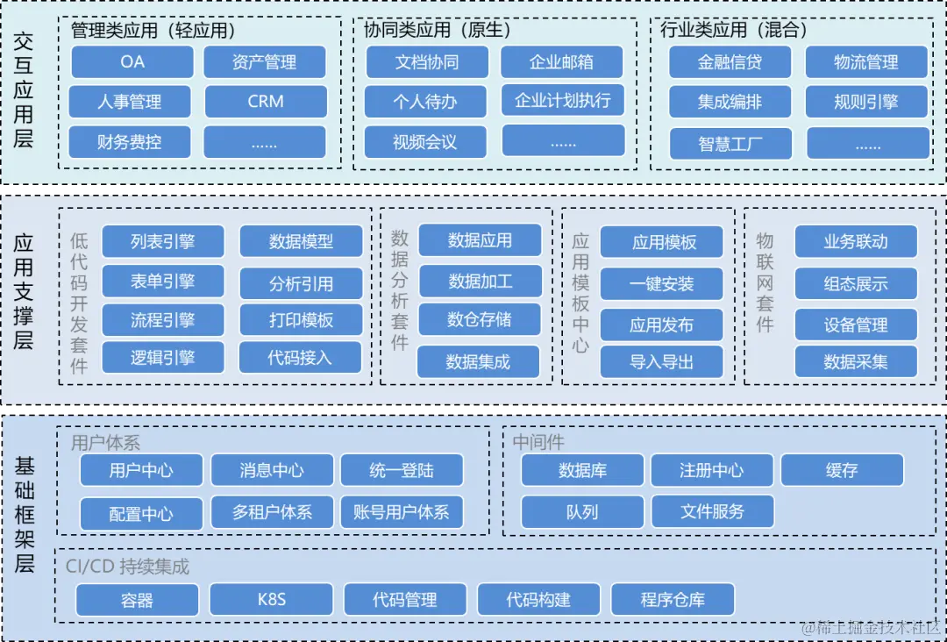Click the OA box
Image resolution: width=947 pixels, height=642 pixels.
tap(132, 62)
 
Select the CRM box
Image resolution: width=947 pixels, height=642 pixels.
tap(266, 102)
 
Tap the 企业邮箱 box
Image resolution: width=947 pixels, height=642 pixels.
tap(561, 62)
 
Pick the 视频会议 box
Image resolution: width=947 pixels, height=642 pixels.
tap(425, 142)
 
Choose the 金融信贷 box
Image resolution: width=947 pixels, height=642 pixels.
tap(730, 62)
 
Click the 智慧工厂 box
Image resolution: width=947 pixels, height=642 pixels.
tap(730, 144)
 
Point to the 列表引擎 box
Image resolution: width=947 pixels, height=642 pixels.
tap(163, 241)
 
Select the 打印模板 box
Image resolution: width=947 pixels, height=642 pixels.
tap(301, 320)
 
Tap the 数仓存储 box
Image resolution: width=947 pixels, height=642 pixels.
tap(479, 319)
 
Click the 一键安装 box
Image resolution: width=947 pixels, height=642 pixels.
tap(661, 284)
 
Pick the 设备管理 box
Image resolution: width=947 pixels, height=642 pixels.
tap(856, 325)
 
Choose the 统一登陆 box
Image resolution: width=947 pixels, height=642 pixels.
tap(402, 470)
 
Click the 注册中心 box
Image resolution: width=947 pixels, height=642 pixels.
tap(711, 470)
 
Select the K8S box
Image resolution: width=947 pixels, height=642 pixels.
tap(272, 600)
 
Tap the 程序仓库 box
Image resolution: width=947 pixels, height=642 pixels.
tap(673, 600)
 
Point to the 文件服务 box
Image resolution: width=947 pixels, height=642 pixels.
tap(712, 510)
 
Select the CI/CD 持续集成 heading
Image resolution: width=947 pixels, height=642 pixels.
tap(127, 567)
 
